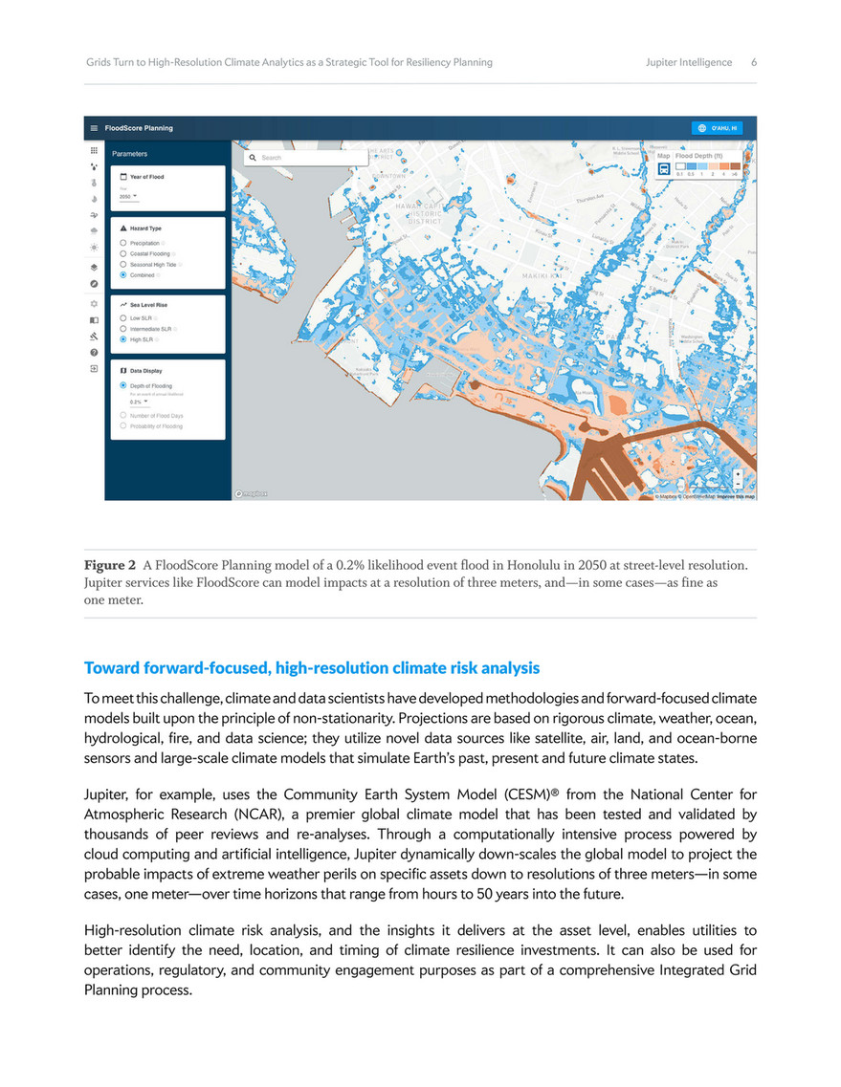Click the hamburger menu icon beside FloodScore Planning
[94, 128]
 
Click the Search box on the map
[305, 157]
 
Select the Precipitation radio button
[123, 243]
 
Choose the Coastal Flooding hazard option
[123, 253]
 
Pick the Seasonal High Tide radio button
[123, 264]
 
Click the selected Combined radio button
[123, 274]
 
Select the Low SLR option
[123, 317]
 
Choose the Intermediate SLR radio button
[123, 328]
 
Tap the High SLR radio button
[123, 338]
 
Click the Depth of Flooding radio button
[123, 385]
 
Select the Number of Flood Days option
[123, 416]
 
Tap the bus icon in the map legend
[663, 168]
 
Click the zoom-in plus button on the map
[738, 473]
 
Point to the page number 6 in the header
[754, 62]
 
